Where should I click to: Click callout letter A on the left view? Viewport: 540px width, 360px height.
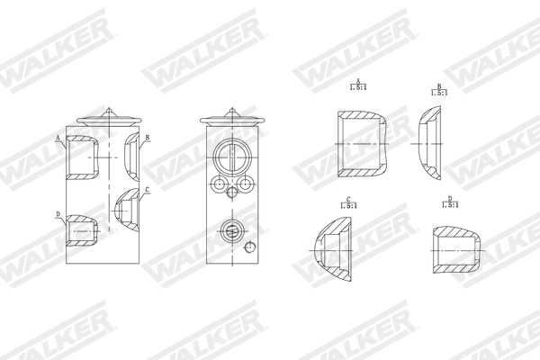[58, 138]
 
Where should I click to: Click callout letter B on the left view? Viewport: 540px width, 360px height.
[147, 138]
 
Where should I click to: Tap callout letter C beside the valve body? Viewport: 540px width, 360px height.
[147, 190]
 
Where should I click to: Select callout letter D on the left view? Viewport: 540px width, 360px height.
[58, 214]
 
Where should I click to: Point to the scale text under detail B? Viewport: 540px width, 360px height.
[439, 92]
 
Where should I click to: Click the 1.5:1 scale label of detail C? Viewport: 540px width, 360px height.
[348, 205]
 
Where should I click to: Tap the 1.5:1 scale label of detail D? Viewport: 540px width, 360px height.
[449, 205]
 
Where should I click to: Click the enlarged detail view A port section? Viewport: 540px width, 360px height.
[361, 144]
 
